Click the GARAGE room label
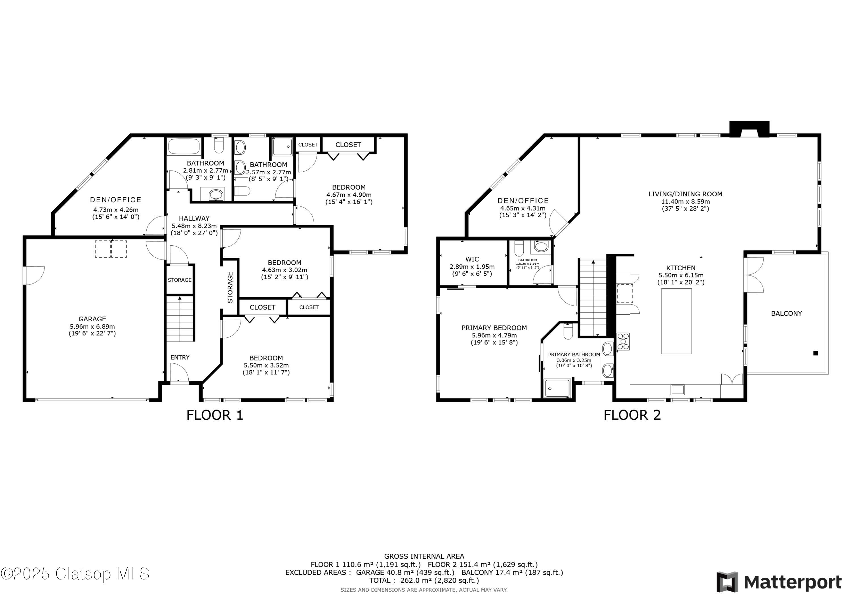click(92, 319)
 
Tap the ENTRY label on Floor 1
click(180, 357)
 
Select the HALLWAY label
click(194, 218)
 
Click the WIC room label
click(472, 259)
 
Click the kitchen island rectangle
click(677, 321)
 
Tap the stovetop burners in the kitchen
click(623, 341)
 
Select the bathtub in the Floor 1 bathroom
click(185, 146)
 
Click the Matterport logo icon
click(727, 582)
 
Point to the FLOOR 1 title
click(215, 415)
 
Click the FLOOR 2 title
click(632, 415)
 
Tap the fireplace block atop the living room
click(749, 129)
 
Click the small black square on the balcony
click(816, 353)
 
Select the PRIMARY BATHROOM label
click(574, 354)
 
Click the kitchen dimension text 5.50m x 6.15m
click(681, 275)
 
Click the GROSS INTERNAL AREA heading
click(424, 556)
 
